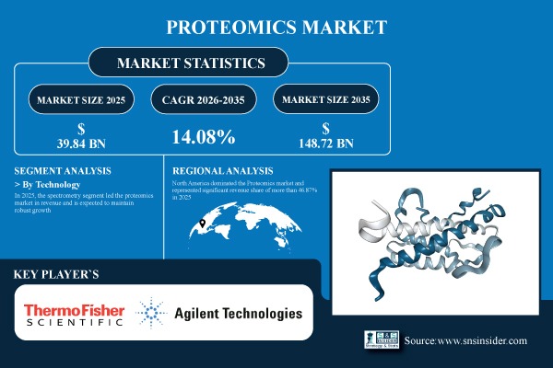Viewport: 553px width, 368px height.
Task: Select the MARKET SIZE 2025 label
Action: tap(78, 98)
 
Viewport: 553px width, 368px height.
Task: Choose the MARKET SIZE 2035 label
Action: tap(330, 98)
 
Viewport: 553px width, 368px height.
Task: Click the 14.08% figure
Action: tap(204, 137)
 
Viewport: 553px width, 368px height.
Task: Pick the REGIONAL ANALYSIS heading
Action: tap(224, 171)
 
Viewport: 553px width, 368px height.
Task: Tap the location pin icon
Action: tap(200, 224)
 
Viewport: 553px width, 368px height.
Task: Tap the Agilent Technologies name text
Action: tap(237, 314)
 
